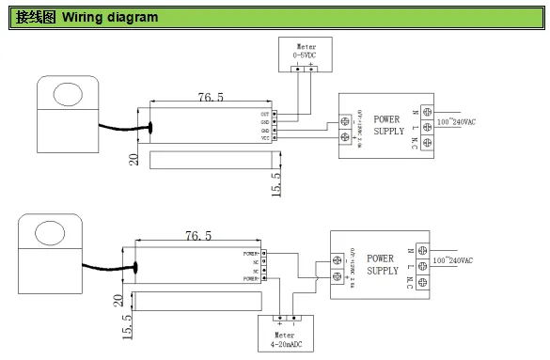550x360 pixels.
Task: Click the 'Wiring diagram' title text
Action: tap(110, 18)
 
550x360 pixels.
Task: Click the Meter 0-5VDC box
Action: tap(306, 55)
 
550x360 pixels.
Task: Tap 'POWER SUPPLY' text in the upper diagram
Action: tap(388, 125)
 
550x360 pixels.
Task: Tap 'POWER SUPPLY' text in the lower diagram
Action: tap(382, 264)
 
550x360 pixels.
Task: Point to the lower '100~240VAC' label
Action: tap(453, 260)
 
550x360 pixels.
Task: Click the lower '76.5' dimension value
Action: tap(198, 235)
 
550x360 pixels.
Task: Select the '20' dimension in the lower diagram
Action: tap(118, 301)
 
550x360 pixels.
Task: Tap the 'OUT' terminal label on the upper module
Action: tap(265, 114)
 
